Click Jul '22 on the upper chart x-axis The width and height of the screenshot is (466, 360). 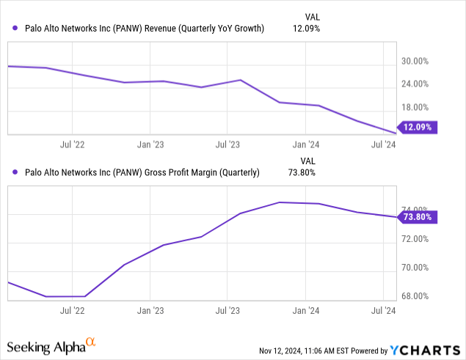pyautogui.click(x=72, y=144)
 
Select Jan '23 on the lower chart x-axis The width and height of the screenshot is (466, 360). pyautogui.click(x=150, y=310)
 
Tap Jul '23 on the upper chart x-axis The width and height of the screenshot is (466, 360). pyautogui.click(x=227, y=144)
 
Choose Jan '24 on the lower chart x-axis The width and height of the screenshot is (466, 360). pyautogui.click(x=306, y=310)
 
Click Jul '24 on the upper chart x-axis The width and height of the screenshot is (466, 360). pyautogui.click(x=384, y=144)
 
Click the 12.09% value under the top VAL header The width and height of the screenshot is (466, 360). pyautogui.click(x=307, y=29)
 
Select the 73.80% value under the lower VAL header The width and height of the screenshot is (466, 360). pyautogui.click(x=307, y=174)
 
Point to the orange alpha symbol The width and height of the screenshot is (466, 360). pyautogui.click(x=91, y=342)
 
